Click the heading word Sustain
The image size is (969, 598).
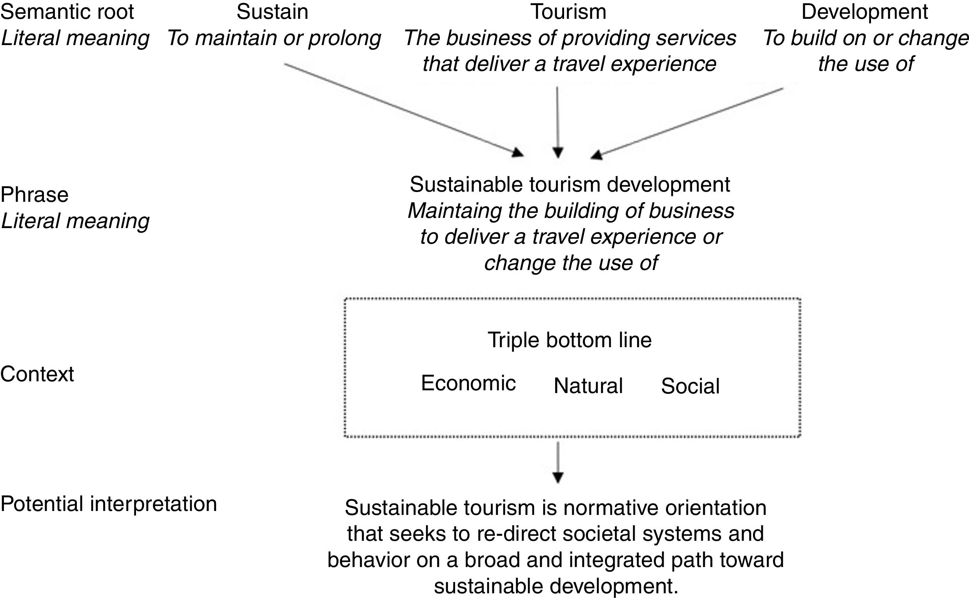272,12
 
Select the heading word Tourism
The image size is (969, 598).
568,12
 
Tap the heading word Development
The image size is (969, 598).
865,12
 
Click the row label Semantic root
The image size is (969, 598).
67,12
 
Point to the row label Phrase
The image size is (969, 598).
34,195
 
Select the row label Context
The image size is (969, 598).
37,374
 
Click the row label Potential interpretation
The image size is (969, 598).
109,504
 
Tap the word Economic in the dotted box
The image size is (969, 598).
468,383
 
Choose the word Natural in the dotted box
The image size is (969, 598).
588,386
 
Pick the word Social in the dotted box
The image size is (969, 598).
690,386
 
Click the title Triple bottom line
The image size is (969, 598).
570,340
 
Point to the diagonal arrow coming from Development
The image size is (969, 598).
688,122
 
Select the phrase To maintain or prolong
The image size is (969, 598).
274,38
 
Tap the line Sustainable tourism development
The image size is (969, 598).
570,185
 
